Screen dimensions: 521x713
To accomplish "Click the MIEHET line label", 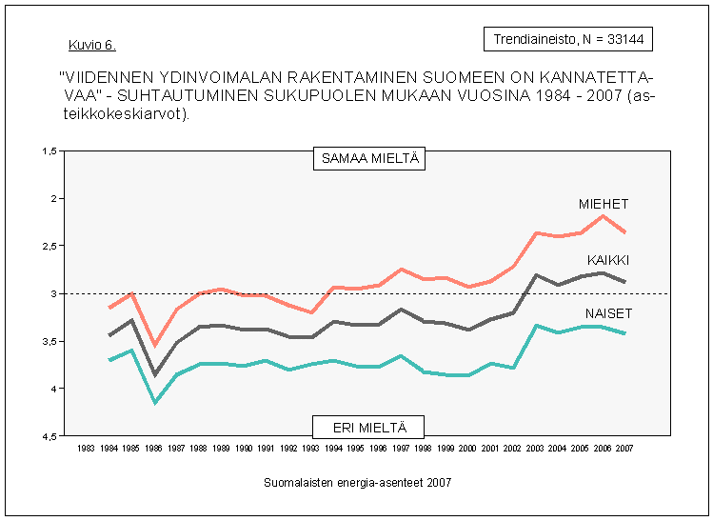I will (x=604, y=204).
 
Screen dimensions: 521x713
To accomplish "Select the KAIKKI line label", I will (x=607, y=260).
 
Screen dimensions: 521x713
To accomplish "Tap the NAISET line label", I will (x=608, y=313).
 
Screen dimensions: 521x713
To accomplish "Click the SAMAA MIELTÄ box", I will (x=368, y=159).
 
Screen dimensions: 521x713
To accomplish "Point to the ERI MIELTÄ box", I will (x=368, y=427).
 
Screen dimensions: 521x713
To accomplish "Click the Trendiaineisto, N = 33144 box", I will (x=568, y=39).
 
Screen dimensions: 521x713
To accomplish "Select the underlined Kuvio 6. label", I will (x=92, y=46).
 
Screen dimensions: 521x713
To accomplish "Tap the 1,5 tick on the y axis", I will (x=50, y=151).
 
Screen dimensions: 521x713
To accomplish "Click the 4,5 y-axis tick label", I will (x=50, y=436).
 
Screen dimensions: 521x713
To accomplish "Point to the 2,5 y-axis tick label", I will (x=50, y=246).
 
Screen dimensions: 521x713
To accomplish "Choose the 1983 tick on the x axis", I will (x=87, y=448).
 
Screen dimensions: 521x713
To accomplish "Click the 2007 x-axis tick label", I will (x=624, y=448).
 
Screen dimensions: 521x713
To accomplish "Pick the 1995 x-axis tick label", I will (x=355, y=448).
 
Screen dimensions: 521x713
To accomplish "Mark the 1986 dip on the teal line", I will (x=155, y=402).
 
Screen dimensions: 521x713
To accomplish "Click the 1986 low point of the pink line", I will (x=155, y=345).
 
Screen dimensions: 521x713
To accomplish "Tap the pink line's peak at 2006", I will (x=603, y=215).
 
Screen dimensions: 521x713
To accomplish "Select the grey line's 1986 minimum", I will (x=155, y=374).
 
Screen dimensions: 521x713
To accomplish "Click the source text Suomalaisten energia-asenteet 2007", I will (x=357, y=483).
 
